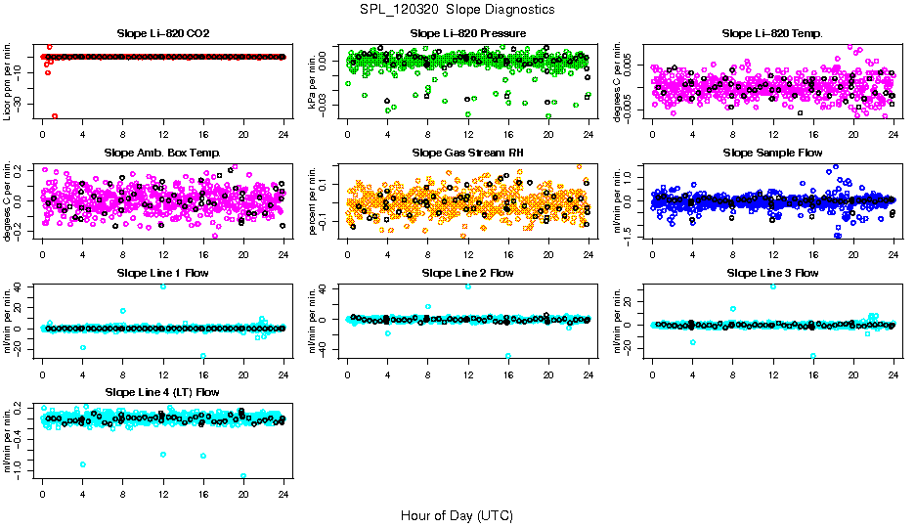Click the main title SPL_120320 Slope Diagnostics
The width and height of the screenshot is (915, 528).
click(457, 9)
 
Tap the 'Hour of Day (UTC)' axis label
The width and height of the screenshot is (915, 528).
click(457, 514)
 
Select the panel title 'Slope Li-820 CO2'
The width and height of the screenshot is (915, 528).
click(163, 34)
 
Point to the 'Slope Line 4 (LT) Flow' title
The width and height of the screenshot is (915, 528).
click(163, 392)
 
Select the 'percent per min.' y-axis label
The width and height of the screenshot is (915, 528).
click(313, 200)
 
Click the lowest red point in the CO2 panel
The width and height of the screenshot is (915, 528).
click(55, 115)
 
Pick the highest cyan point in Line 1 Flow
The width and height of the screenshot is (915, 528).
click(163, 286)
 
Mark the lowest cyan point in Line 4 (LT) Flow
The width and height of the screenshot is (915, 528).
click(243, 475)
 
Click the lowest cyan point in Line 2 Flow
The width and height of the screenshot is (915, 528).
click(508, 356)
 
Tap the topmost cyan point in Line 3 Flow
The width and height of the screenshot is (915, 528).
click(773, 286)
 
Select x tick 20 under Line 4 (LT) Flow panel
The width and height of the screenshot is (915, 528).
click(243, 492)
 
